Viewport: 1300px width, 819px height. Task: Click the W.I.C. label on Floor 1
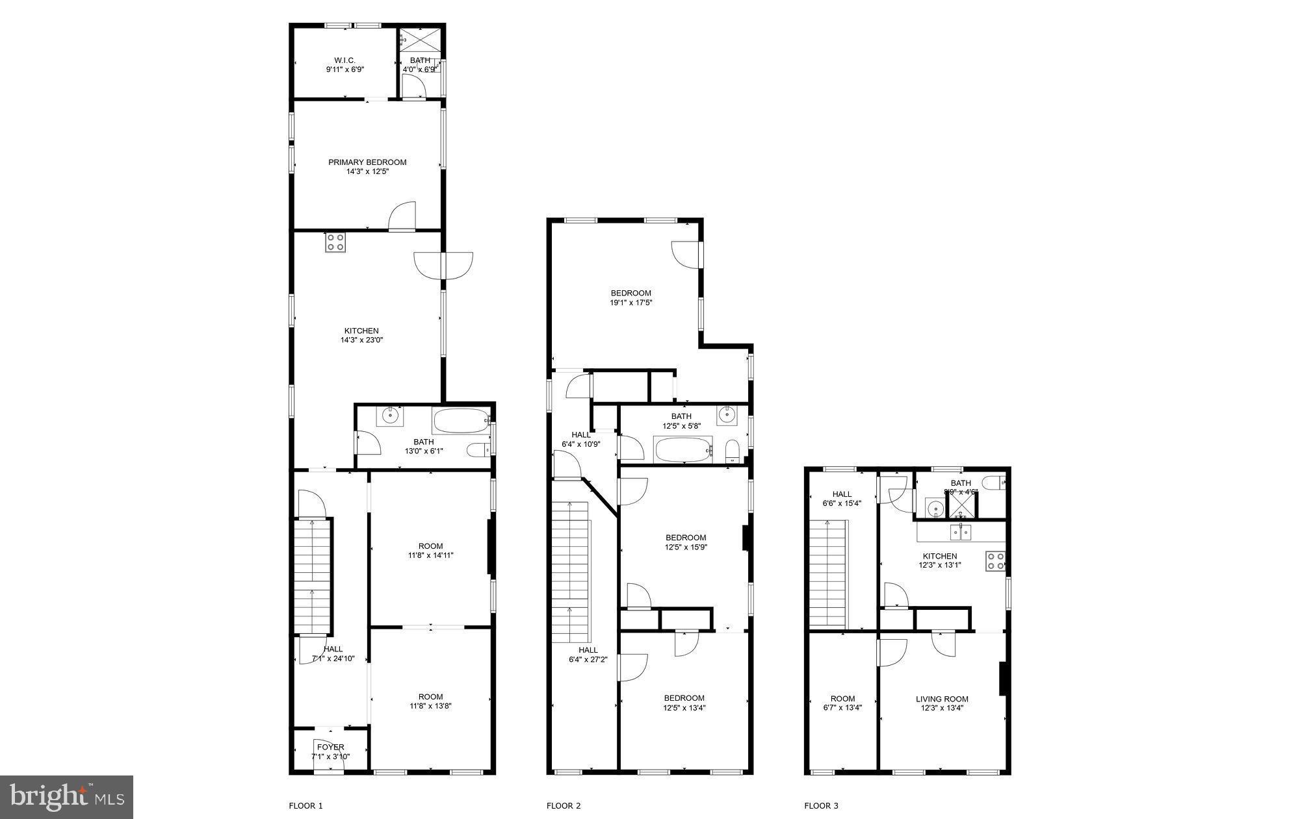pyautogui.click(x=344, y=60)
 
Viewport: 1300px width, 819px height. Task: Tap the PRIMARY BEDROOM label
pyautogui.click(x=367, y=162)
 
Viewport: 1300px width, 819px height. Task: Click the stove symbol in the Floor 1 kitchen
pyautogui.click(x=335, y=242)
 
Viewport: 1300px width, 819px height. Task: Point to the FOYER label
pyautogui.click(x=331, y=747)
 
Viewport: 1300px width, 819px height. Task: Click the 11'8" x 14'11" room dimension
pyautogui.click(x=430, y=555)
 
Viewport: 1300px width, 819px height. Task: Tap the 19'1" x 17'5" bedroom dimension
pyautogui.click(x=630, y=302)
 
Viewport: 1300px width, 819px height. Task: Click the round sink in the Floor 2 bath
pyautogui.click(x=727, y=414)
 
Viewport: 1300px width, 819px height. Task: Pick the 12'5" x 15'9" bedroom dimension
pyautogui.click(x=686, y=547)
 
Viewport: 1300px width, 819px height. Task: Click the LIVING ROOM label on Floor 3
pyautogui.click(x=942, y=699)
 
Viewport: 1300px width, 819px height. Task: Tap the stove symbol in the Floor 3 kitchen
pyautogui.click(x=995, y=561)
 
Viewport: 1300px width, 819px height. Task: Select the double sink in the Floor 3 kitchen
pyautogui.click(x=961, y=533)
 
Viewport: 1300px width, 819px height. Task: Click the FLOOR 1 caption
pyautogui.click(x=305, y=806)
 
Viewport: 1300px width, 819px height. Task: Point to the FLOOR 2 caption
pyautogui.click(x=564, y=806)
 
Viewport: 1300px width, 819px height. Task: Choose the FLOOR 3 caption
pyautogui.click(x=821, y=806)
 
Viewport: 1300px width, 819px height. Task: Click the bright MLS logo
pyautogui.click(x=66, y=797)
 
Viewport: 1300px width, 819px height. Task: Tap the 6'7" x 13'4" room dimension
pyautogui.click(x=842, y=708)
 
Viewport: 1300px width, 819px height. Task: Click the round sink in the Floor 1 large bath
pyautogui.click(x=391, y=416)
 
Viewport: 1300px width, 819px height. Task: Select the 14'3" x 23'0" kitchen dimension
pyautogui.click(x=361, y=340)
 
